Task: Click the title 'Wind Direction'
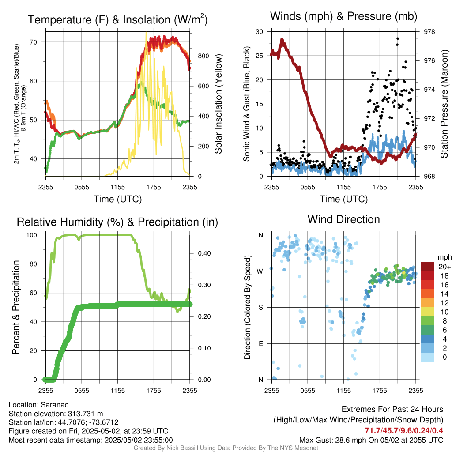(x=343, y=219)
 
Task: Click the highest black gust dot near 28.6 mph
(x=398, y=38)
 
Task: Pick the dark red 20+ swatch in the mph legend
(x=427, y=267)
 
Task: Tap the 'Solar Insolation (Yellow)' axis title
(x=218, y=104)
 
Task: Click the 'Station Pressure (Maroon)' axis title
(x=444, y=104)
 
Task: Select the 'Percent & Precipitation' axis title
(x=15, y=307)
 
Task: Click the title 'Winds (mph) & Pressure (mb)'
(x=343, y=17)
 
